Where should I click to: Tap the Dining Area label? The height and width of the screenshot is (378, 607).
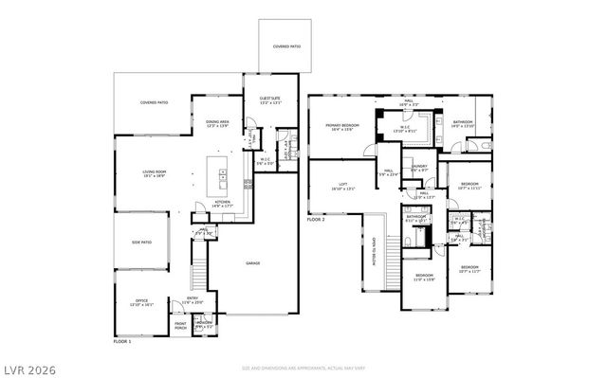click(x=218, y=123)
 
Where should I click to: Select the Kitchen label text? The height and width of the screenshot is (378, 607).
click(x=222, y=202)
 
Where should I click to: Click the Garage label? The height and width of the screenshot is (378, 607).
click(x=254, y=263)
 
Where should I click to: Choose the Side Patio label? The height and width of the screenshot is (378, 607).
click(x=142, y=243)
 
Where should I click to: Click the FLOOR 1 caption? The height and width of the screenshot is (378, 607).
click(x=123, y=341)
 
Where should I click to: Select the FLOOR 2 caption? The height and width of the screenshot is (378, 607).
click(x=317, y=219)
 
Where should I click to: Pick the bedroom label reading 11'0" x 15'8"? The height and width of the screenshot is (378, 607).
click(x=423, y=277)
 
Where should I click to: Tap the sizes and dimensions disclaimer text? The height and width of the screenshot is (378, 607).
click(x=303, y=368)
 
